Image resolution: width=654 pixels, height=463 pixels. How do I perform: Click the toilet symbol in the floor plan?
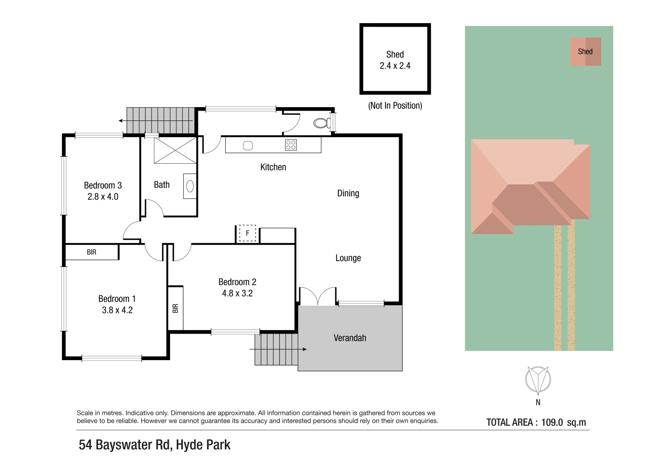pos(322,123)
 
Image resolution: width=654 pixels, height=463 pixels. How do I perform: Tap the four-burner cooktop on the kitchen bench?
pos(291,145)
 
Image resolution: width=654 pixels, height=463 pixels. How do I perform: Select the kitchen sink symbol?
pos(248,146)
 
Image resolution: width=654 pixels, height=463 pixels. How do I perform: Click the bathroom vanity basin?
pos(190,186)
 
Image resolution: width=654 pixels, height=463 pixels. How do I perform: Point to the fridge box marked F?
pos(248,233)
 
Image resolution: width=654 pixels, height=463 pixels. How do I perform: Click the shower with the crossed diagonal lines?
pos(175,150)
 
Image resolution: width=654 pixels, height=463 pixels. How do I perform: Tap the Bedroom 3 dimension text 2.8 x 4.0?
pos(103,197)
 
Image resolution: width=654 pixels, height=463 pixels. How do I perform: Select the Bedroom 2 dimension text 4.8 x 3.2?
pos(237,294)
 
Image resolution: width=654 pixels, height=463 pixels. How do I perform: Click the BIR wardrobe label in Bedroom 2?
pos(175,308)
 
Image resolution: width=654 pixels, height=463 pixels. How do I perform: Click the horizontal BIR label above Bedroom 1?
pos(92,252)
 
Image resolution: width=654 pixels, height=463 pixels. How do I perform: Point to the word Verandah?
pos(350,338)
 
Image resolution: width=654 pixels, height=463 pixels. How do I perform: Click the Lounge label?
pos(348,258)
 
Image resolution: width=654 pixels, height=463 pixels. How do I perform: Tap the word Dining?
pos(348,193)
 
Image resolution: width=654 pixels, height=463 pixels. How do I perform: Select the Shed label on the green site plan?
pos(585,51)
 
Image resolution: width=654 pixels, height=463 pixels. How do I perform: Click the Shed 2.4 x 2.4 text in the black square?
pos(395,60)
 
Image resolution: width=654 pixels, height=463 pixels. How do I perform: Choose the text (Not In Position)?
pos(395,105)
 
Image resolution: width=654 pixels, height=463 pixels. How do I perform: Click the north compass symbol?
pos(538,380)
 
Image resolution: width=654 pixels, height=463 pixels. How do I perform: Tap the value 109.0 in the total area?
pos(552,422)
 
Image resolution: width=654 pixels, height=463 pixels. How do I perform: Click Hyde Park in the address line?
pos(203,445)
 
